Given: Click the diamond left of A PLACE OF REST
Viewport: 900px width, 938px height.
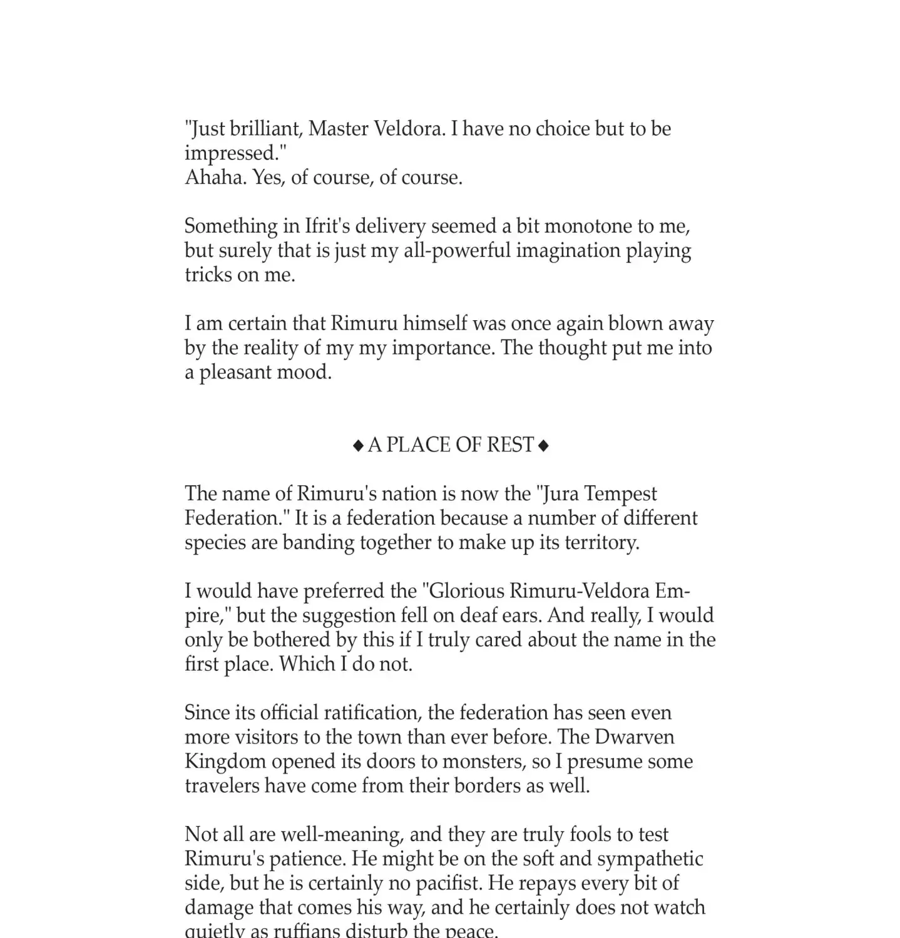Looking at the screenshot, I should coord(358,446).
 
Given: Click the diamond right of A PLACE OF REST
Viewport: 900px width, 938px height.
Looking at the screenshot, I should coord(543,446).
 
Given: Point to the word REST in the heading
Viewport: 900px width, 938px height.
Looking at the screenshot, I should coord(510,445).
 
